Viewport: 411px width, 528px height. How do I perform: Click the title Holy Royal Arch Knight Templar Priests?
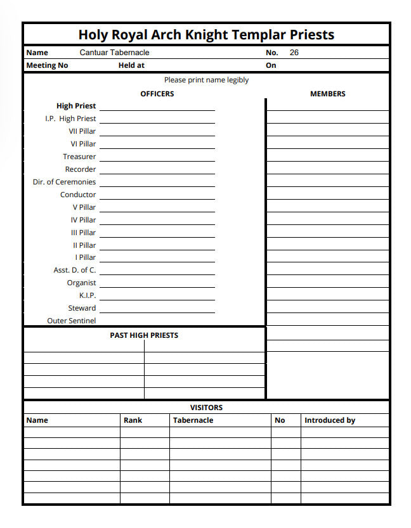(x=206, y=34)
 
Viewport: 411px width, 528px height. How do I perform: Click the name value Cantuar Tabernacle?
(x=114, y=53)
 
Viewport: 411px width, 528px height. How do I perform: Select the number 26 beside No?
(x=294, y=53)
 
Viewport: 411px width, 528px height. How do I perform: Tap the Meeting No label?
(x=47, y=65)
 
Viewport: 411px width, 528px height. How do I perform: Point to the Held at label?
(x=131, y=65)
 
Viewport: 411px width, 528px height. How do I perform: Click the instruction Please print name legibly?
(x=206, y=80)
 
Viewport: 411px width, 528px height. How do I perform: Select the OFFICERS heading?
(x=157, y=94)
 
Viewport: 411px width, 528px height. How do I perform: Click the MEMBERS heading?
(x=327, y=94)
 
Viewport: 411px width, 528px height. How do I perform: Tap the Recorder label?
(x=81, y=169)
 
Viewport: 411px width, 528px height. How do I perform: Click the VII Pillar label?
(x=82, y=131)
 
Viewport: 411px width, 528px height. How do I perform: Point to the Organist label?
(x=82, y=283)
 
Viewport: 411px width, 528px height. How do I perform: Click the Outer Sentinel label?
(x=72, y=321)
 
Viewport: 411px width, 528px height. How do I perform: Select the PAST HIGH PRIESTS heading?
(x=144, y=335)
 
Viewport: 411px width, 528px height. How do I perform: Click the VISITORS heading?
(x=206, y=408)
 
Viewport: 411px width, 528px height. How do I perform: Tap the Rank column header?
(x=133, y=420)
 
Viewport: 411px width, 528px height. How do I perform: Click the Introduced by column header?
(x=330, y=420)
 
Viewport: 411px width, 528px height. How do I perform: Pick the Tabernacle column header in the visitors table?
(x=193, y=420)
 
